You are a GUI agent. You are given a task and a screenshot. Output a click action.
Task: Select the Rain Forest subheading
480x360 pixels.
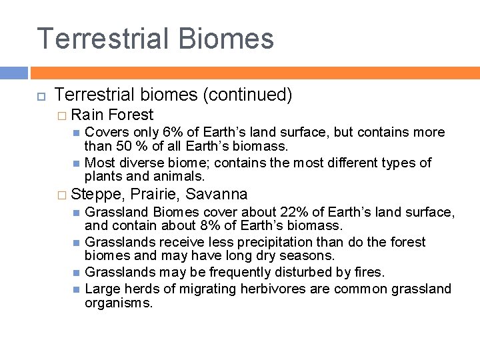coord(112,115)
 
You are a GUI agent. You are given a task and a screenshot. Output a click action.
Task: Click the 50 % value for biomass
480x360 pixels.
coord(125,146)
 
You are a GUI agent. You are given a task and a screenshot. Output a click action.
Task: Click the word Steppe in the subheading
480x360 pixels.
coord(97,195)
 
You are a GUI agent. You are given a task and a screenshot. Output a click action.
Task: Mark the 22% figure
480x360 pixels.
coord(294,212)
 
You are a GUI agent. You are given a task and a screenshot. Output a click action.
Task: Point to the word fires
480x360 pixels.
coord(368,272)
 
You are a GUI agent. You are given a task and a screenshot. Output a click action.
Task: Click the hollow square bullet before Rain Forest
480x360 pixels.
coord(62,116)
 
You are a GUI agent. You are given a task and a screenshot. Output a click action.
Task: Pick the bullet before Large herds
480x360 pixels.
coord(77,289)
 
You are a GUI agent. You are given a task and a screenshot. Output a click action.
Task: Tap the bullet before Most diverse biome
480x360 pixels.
coord(77,163)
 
